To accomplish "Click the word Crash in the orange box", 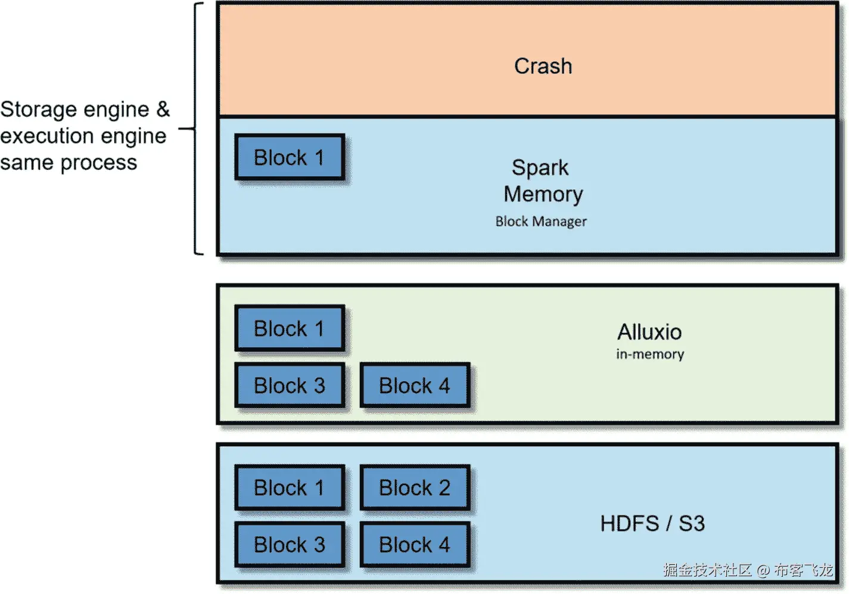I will click(543, 66).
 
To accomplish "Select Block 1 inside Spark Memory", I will click(290, 158).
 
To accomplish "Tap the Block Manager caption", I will click(541, 222).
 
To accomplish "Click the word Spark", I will click(540, 168).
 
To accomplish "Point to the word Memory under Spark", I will click(543, 194).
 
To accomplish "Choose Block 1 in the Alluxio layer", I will click(290, 329).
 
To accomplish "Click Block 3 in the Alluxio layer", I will click(290, 386).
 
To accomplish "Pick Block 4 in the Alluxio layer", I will click(415, 386).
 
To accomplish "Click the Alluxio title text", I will click(649, 332).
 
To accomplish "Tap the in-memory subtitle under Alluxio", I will click(650, 354).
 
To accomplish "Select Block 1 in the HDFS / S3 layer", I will click(290, 488).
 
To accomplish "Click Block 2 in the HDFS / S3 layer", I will click(415, 488).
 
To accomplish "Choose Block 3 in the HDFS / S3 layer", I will click(290, 545).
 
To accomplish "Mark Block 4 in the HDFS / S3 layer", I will click(415, 545).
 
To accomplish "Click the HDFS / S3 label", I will click(652, 524).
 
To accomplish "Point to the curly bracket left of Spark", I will click(195, 129).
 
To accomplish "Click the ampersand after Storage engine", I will click(163, 109).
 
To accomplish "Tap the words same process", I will click(69, 163).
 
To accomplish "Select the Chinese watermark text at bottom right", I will click(748, 570).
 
